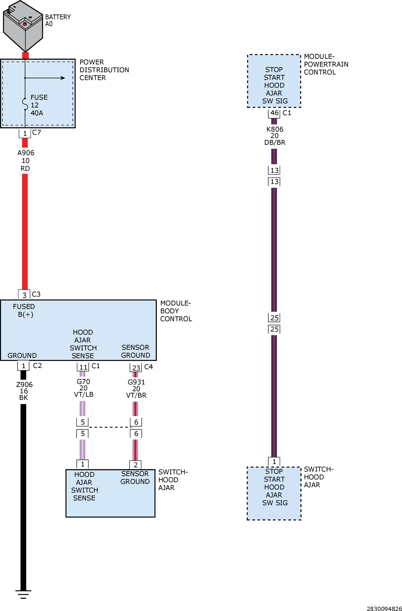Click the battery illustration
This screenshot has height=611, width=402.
[23, 26]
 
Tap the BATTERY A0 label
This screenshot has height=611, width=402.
[58, 20]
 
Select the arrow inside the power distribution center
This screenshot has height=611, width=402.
[45, 78]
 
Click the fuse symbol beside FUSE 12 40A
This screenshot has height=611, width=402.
[25, 104]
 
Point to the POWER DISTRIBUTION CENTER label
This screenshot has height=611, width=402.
[104, 70]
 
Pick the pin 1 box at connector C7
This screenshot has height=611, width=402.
[25, 134]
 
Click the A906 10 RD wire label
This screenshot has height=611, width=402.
[25, 161]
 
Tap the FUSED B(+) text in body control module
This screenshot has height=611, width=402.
[24, 311]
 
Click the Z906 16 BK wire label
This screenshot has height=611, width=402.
[24, 391]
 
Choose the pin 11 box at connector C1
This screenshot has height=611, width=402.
[83, 367]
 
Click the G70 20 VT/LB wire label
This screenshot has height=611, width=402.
[83, 388]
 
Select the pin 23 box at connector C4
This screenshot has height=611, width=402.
[136, 368]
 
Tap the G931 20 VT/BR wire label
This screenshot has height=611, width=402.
[136, 389]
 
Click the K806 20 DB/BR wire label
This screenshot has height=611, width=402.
[275, 136]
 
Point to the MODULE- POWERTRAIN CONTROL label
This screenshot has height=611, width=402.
[326, 64]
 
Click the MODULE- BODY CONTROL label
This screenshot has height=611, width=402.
[176, 311]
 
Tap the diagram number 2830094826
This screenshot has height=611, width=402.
[384, 608]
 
